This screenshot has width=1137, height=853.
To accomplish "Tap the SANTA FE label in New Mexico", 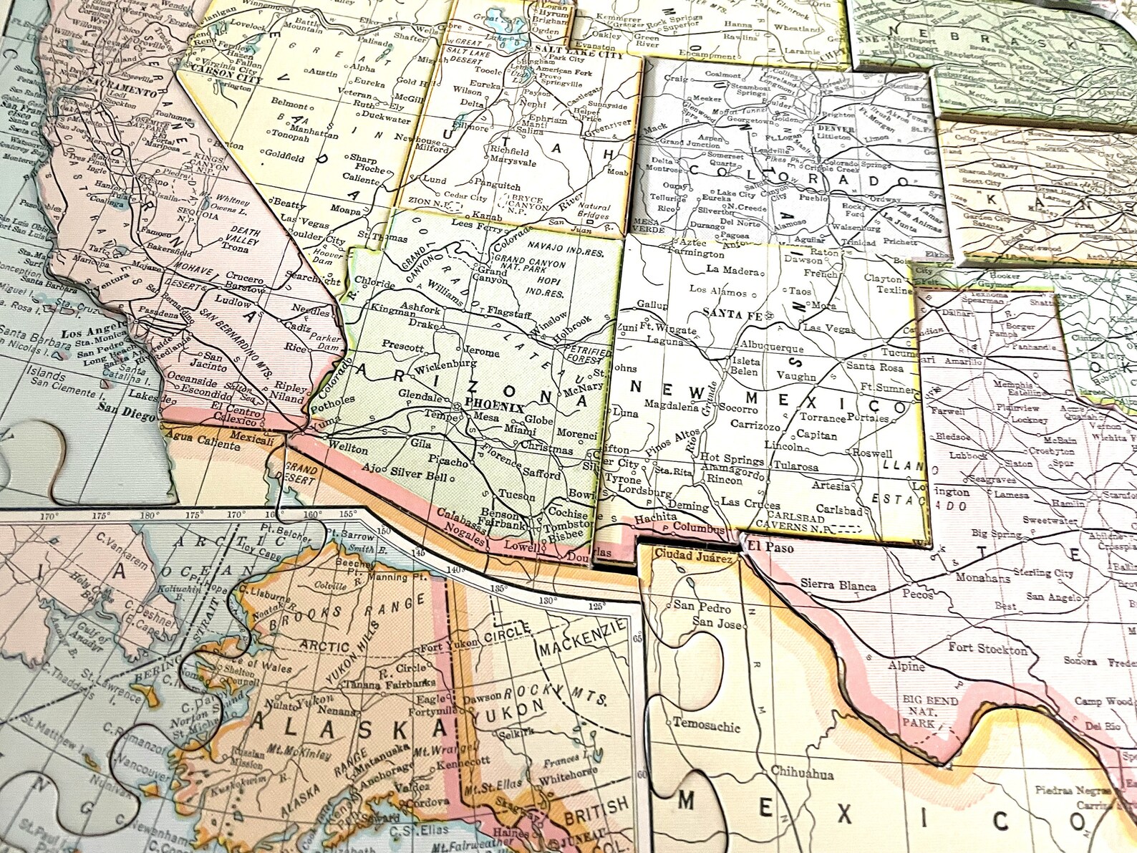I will pyautogui.click(x=726, y=312).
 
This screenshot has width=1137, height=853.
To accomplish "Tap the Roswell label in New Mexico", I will pyautogui.click(x=872, y=453).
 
